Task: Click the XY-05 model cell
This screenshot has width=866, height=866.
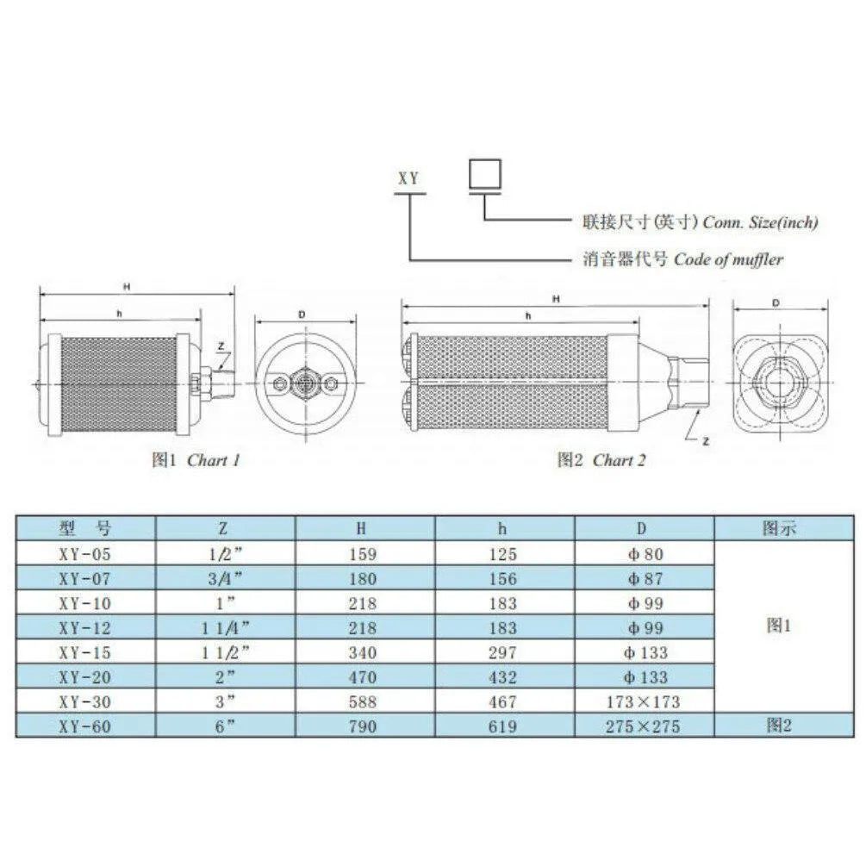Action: [x=85, y=554]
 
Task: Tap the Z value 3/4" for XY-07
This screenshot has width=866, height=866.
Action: [x=225, y=579]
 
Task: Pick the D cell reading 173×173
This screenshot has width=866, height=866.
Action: [x=644, y=702]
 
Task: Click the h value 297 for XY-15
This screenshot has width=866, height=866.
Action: [x=504, y=653]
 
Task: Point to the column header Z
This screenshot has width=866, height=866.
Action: [x=225, y=528]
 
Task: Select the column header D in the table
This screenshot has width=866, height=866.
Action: [x=644, y=528]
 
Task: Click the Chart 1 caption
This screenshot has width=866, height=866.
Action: [x=196, y=460]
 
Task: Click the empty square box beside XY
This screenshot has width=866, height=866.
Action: [x=485, y=175]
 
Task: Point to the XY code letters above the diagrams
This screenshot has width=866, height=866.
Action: [x=408, y=179]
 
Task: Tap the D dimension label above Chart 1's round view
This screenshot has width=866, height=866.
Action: [x=302, y=314]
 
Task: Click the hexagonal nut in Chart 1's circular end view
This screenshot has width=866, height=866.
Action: [x=302, y=382]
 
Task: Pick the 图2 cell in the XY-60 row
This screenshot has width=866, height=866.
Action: [x=778, y=726]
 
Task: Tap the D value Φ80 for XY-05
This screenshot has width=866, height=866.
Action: [x=644, y=554]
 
